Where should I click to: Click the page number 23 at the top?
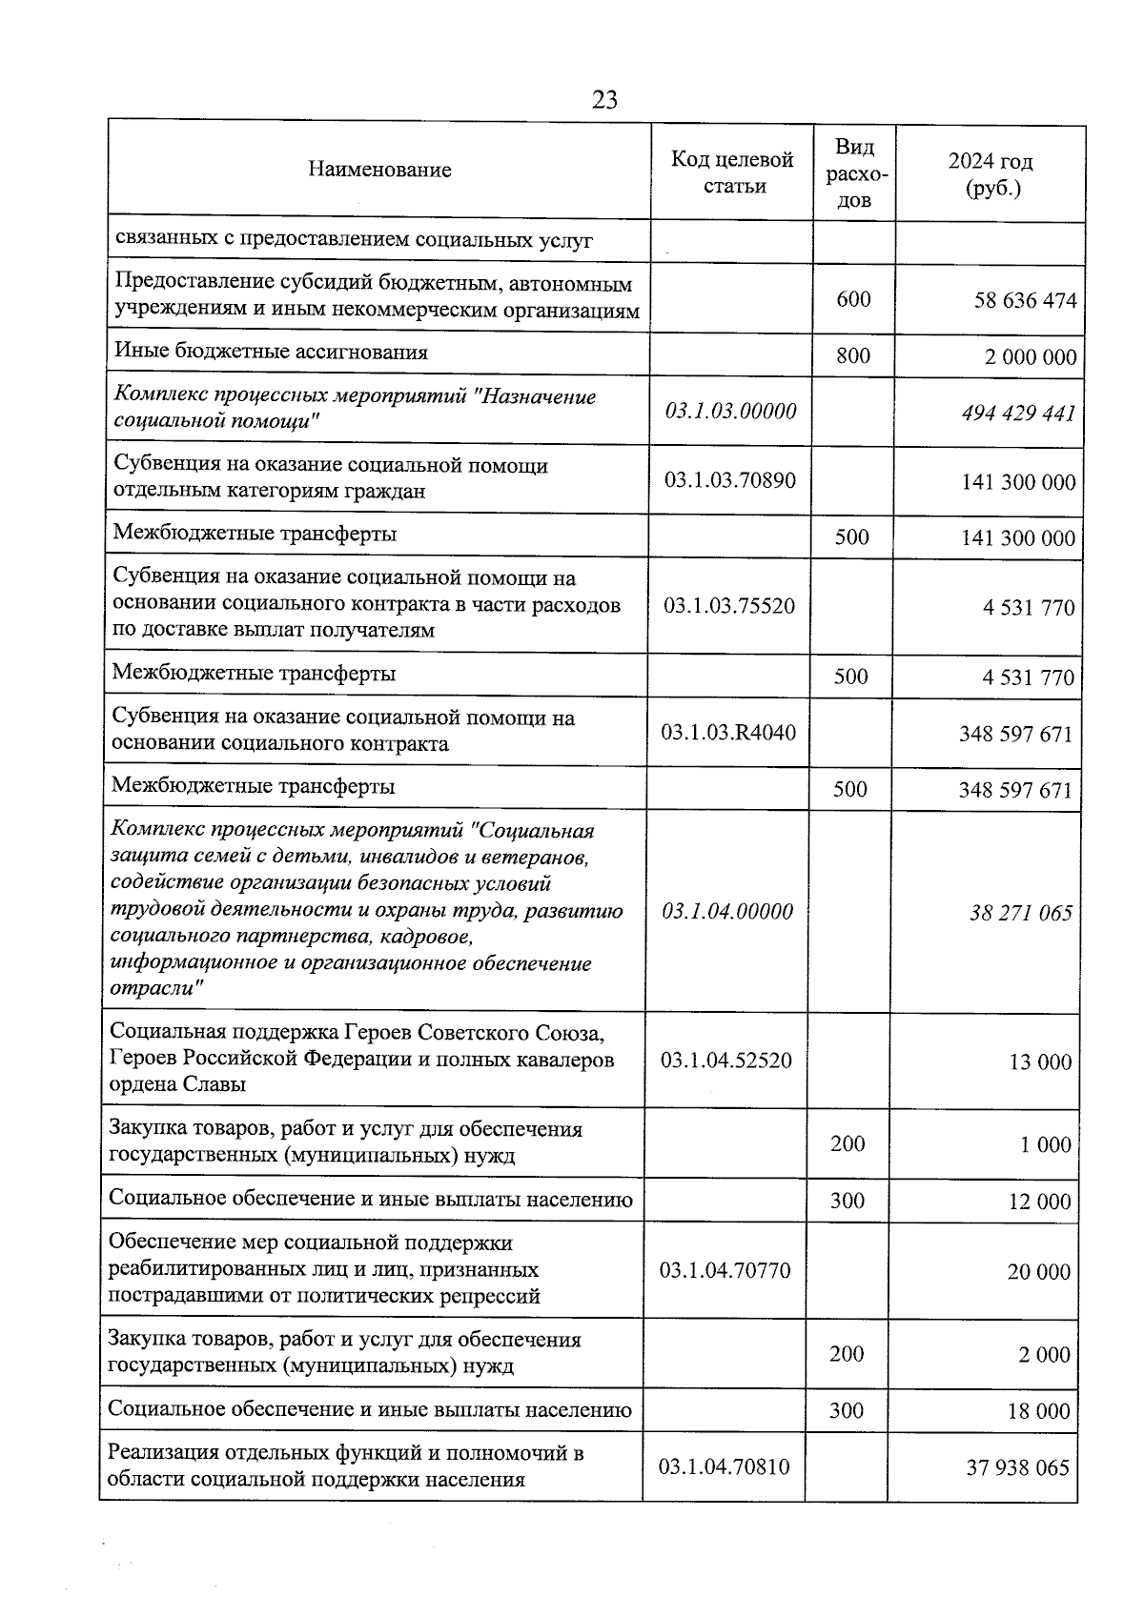pyautogui.click(x=604, y=100)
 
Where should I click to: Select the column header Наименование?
pyautogui.click(x=379, y=171)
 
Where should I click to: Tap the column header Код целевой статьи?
pyautogui.click(x=733, y=172)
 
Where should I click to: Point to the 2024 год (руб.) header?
pyautogui.click(x=991, y=174)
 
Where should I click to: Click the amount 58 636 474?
pyautogui.click(x=1025, y=301)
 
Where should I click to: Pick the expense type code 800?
pyautogui.click(x=853, y=355)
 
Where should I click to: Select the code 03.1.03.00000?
pyautogui.click(x=731, y=412)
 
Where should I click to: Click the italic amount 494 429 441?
pyautogui.click(x=1018, y=413)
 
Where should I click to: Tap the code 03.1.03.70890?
pyautogui.click(x=730, y=479)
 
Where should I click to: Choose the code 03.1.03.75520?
pyautogui.click(x=729, y=605)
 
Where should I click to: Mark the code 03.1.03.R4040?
pyautogui.click(x=728, y=733)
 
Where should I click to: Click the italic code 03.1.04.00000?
pyautogui.click(x=727, y=911)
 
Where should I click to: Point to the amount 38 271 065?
pyautogui.click(x=1021, y=913)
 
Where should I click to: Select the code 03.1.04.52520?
pyautogui.click(x=726, y=1060)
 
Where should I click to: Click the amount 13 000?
pyautogui.click(x=1040, y=1061)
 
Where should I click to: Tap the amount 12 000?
pyautogui.click(x=1040, y=1202)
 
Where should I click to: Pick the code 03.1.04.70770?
pyautogui.click(x=725, y=1270)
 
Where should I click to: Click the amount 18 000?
pyautogui.click(x=1039, y=1411)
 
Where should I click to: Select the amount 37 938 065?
pyautogui.click(x=1018, y=1467)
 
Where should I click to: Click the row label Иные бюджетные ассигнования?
pyautogui.click(x=271, y=352)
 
